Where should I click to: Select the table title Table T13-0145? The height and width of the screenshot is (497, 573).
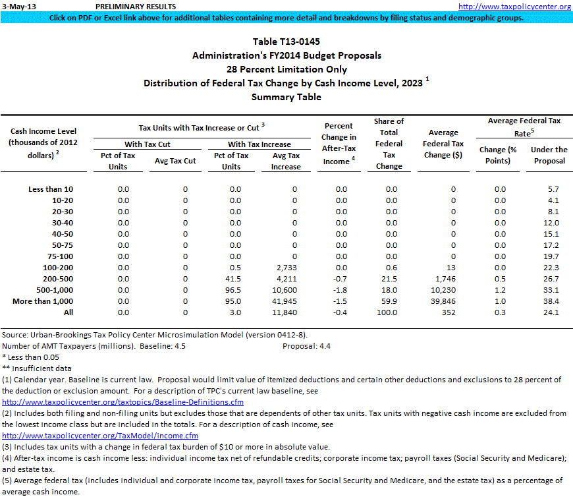click(x=286, y=42)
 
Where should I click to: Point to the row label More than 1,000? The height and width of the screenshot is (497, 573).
click(x=43, y=301)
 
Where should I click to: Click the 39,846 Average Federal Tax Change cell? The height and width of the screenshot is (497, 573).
click(x=441, y=301)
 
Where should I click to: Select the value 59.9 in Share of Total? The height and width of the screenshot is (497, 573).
click(x=391, y=301)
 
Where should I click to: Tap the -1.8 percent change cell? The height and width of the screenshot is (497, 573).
click(x=341, y=290)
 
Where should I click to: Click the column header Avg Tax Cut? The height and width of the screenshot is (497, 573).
click(x=175, y=161)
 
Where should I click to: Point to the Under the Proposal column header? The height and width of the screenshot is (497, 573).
click(x=549, y=155)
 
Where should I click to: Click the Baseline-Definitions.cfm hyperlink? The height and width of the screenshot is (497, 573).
click(x=123, y=402)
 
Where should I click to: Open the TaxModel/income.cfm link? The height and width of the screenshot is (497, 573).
click(x=100, y=436)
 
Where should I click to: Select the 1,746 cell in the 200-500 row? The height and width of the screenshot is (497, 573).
click(x=444, y=279)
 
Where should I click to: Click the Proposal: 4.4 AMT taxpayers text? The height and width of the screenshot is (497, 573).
click(x=307, y=346)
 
